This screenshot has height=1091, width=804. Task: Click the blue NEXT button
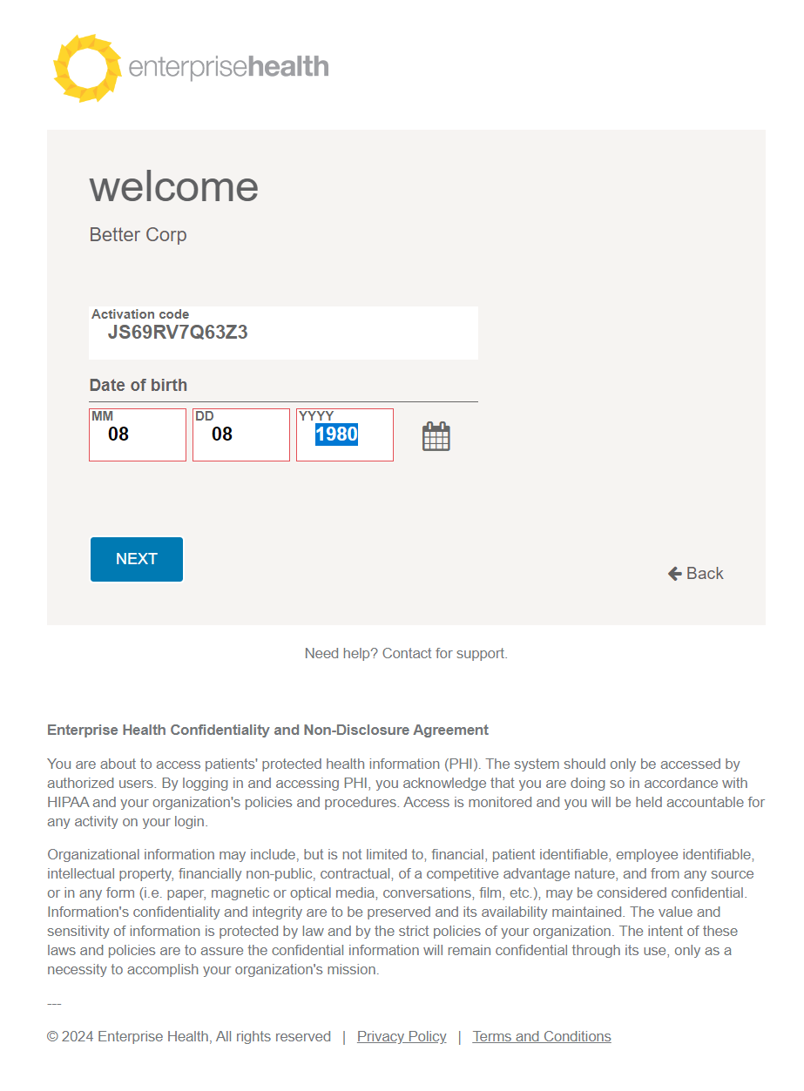(x=137, y=559)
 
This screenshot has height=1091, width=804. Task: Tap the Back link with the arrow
(x=696, y=573)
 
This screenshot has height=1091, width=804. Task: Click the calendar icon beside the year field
(x=436, y=435)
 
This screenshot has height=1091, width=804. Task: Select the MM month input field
(x=137, y=434)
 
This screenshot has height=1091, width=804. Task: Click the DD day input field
(x=240, y=434)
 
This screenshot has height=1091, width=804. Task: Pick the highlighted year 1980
(x=336, y=434)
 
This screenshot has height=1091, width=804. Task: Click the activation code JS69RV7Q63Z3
(x=178, y=332)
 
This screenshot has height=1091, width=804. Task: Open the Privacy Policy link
(x=402, y=1036)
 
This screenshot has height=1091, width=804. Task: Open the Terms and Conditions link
(x=542, y=1036)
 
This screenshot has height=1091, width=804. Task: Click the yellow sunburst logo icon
(x=86, y=68)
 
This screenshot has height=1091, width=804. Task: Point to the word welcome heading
(x=174, y=187)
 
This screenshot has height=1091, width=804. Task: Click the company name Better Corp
(x=138, y=235)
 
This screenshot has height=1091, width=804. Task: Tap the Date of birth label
(x=138, y=385)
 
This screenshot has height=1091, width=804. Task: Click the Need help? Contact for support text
(x=406, y=653)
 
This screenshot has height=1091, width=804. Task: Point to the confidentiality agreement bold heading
(x=267, y=730)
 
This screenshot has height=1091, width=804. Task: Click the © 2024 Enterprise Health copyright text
(x=189, y=1036)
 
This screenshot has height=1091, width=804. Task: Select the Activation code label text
(x=140, y=314)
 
